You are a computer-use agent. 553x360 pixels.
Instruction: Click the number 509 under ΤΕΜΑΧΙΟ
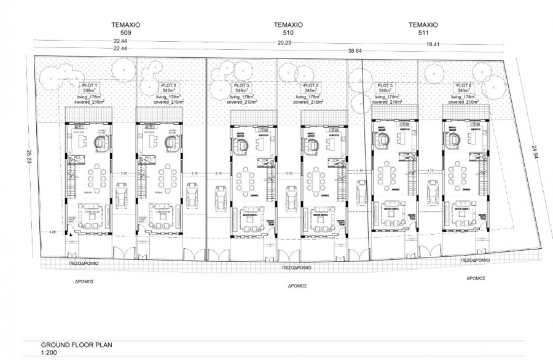[x=127, y=33]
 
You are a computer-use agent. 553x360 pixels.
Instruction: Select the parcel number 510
[x=289, y=33]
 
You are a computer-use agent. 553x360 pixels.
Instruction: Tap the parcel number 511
[x=423, y=33]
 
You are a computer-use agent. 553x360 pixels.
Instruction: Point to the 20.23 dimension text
[x=285, y=43]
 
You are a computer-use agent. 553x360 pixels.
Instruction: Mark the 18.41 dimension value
[x=434, y=43]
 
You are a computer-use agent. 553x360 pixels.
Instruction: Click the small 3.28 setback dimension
[x=53, y=233]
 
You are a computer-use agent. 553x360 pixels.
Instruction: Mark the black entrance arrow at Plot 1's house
[x=71, y=233]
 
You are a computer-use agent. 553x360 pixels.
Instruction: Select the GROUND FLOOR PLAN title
[x=77, y=345]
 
